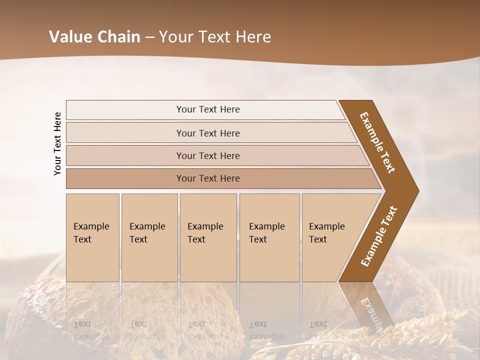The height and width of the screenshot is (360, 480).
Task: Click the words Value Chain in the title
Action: coord(94,37)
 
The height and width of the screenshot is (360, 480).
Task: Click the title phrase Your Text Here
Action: coord(215,37)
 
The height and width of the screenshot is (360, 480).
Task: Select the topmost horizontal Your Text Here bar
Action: coord(207,109)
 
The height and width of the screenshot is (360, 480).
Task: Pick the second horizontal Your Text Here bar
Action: coord(207,133)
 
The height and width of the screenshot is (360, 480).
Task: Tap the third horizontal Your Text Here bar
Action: coord(207,155)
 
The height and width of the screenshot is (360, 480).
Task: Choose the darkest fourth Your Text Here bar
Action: coord(207,178)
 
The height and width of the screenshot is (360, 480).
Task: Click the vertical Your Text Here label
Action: coord(57,143)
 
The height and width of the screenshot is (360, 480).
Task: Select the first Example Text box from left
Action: coord(92,237)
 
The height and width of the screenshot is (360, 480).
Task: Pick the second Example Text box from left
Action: coord(149,237)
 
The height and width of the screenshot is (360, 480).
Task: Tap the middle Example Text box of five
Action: coord(208,237)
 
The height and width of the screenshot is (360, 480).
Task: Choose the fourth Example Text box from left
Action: coord(269,237)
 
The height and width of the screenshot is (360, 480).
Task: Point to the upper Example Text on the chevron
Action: coord(378,142)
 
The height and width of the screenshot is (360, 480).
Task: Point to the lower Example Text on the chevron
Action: coord(378,236)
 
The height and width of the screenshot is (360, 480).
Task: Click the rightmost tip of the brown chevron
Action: coord(417,190)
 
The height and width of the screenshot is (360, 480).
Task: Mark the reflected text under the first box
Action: coord(92,330)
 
